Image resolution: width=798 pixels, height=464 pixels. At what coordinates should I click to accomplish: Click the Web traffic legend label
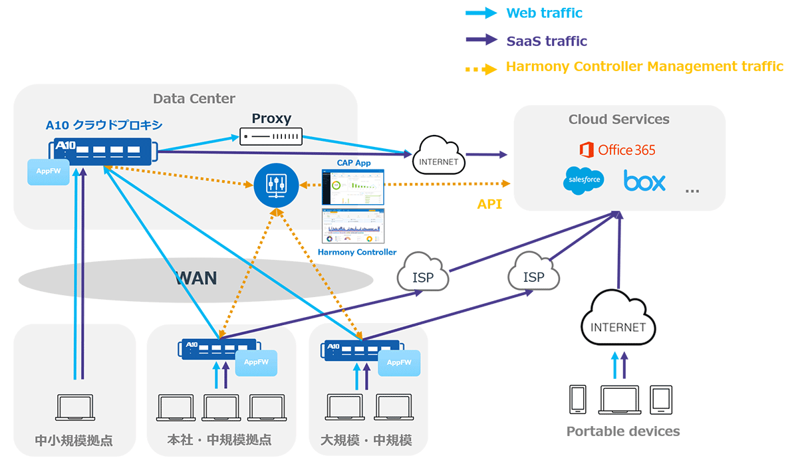click(x=544, y=13)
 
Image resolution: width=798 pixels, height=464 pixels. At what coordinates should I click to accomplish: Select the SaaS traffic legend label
click(x=547, y=41)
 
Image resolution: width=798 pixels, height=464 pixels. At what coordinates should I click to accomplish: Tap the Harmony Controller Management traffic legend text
click(x=644, y=66)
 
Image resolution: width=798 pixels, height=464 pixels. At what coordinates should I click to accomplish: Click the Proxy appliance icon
click(x=271, y=137)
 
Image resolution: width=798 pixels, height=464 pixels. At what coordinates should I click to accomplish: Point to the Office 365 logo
click(x=617, y=150)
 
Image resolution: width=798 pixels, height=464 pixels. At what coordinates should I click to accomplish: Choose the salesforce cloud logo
click(x=583, y=180)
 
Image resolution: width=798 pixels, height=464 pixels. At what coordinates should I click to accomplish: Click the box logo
click(x=644, y=180)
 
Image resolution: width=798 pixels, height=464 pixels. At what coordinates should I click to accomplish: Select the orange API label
click(x=489, y=205)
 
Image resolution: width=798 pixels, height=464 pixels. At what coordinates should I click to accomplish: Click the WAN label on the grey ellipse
click(x=196, y=277)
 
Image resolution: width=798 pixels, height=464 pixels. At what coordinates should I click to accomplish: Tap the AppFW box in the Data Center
click(x=49, y=172)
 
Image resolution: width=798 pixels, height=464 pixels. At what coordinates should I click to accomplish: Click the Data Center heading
click(x=194, y=99)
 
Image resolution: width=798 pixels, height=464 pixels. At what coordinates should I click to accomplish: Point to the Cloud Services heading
click(x=618, y=120)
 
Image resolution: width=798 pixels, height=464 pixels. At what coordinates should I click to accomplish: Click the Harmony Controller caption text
click(x=357, y=252)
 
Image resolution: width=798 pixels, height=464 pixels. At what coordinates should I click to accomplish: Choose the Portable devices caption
click(x=622, y=431)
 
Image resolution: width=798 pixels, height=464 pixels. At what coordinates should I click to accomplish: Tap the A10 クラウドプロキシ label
click(x=104, y=124)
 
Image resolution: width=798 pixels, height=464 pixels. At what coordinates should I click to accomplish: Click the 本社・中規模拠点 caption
click(x=219, y=440)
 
